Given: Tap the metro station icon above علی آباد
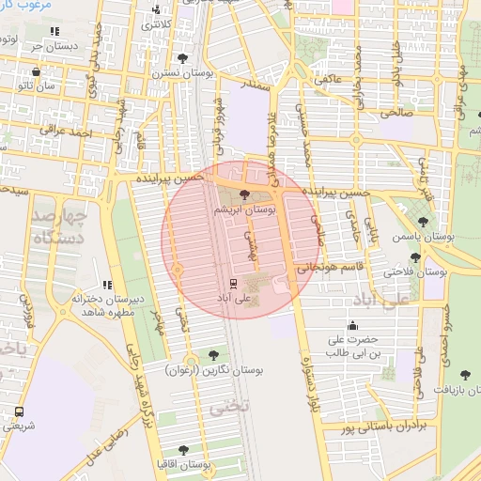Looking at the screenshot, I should (x=232, y=282).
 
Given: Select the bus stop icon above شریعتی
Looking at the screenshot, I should (x=20, y=411).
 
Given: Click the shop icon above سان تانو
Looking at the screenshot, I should (x=36, y=71).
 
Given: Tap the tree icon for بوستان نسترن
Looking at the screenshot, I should (x=182, y=58).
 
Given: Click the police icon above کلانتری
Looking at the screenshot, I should (x=156, y=10).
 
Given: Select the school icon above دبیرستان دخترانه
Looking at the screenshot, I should (x=108, y=285).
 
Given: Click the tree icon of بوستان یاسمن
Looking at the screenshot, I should (x=423, y=223).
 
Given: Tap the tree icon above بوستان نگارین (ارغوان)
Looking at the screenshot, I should (x=214, y=355).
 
